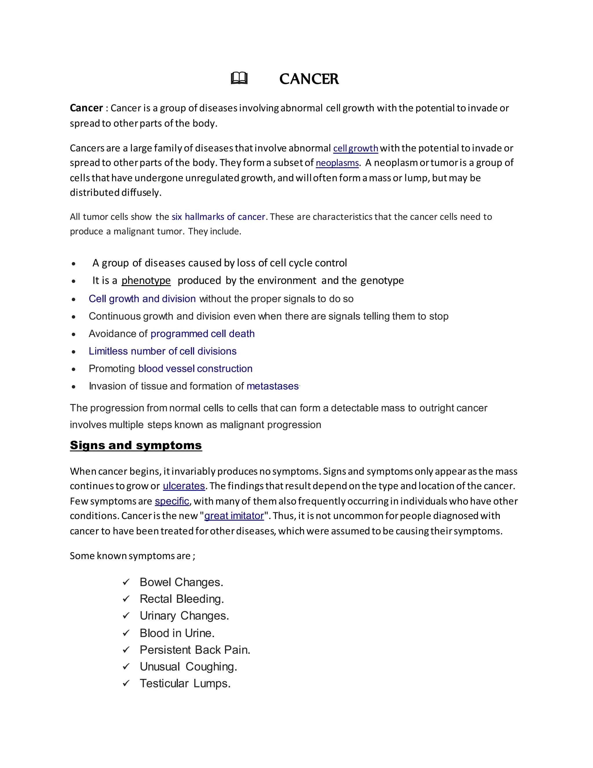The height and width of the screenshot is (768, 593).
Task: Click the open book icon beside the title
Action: [x=239, y=78]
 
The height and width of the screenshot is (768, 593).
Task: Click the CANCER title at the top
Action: [x=309, y=79]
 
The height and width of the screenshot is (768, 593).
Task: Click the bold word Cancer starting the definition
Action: [x=86, y=108]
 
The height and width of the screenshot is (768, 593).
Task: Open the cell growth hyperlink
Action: [x=356, y=148]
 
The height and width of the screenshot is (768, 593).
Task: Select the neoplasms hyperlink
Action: [x=337, y=163]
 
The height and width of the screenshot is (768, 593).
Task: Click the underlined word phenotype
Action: [x=146, y=281]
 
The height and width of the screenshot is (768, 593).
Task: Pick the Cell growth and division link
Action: [x=142, y=299]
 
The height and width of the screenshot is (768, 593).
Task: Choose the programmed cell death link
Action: [x=202, y=334]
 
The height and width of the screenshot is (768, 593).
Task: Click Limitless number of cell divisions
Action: [x=162, y=351]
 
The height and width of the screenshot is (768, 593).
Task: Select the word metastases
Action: [x=272, y=386]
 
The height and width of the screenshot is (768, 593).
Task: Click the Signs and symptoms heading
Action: [x=136, y=445]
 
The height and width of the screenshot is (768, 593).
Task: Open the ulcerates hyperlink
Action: [x=184, y=486]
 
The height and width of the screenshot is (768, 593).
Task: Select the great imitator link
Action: [x=234, y=516]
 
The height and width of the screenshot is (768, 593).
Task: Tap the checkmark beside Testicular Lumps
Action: [x=126, y=684]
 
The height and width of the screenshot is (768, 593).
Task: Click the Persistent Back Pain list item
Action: [x=195, y=650]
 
